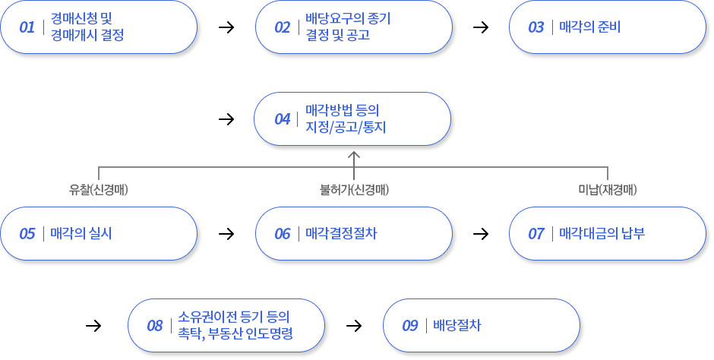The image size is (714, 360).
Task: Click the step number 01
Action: click(27, 27)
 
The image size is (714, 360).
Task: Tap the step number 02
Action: click(283, 27)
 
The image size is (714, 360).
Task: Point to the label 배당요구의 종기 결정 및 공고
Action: click(343, 27)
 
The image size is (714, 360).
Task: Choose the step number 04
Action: click(283, 119)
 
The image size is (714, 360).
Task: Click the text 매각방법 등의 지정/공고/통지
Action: click(346, 119)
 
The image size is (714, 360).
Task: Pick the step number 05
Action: click(27, 233)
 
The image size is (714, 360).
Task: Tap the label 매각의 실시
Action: click(81, 233)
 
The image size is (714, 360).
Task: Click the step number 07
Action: click(536, 233)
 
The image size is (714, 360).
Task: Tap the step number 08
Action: click(155, 325)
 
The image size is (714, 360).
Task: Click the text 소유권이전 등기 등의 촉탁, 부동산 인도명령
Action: click(235, 325)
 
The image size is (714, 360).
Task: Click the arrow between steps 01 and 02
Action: click(226, 27)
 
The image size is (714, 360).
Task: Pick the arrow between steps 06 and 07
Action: click(480, 233)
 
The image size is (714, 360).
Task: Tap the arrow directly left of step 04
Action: click(226, 119)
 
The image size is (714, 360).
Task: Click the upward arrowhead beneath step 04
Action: click(353, 155)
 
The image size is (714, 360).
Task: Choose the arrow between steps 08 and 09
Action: click(353, 325)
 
